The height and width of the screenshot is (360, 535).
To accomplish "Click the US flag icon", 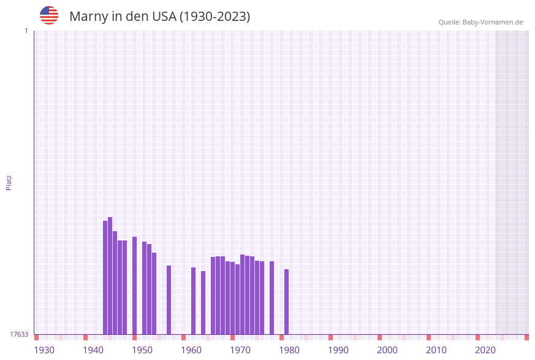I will click(x=49, y=15).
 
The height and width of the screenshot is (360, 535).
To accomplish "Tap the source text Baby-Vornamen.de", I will click(x=492, y=22).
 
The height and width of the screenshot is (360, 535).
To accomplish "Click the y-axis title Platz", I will click(x=9, y=182).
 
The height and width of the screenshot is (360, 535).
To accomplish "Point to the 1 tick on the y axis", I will click(x=26, y=31).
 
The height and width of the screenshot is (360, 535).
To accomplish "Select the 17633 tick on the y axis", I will click(x=19, y=334).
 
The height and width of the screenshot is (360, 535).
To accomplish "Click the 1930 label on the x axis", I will click(x=44, y=350).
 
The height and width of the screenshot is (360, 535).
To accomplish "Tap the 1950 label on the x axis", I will click(x=142, y=350).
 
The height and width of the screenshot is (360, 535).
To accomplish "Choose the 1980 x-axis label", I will click(x=289, y=350).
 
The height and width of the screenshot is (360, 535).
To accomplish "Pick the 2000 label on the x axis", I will click(x=387, y=350).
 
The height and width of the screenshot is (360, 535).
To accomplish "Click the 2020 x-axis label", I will click(x=485, y=350).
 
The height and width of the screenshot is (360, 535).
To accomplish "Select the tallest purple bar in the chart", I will click(x=110, y=275).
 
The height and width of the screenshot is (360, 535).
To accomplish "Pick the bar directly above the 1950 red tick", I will click(x=135, y=285).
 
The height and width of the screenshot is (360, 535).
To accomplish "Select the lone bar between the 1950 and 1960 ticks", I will click(x=169, y=300).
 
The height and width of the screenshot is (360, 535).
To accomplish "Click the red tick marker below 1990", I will click(x=331, y=337).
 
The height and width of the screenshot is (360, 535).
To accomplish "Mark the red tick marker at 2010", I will click(x=429, y=337).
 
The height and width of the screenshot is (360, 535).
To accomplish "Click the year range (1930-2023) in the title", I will click(x=214, y=17).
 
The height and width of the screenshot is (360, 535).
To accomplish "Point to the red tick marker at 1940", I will click(x=86, y=337).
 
